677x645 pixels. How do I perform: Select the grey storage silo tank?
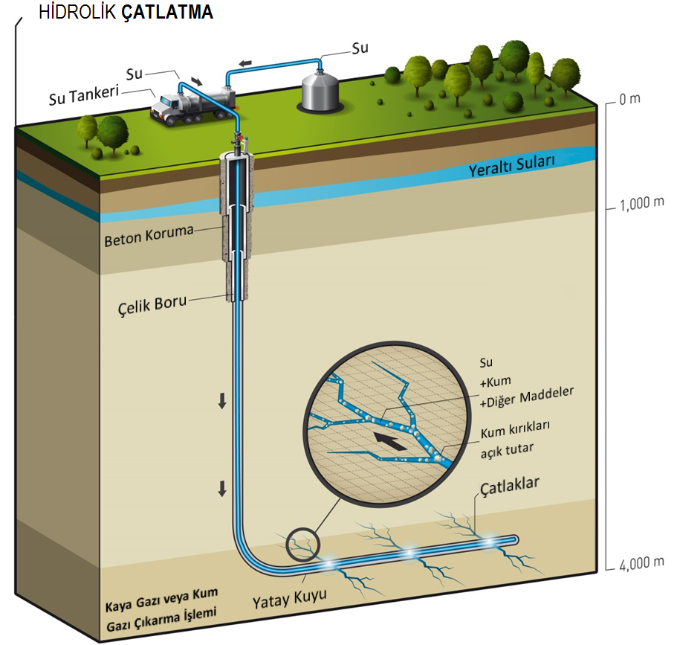coord(320,90)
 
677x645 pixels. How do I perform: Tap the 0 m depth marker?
coord(630,100)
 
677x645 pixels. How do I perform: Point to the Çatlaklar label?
coord(510,487)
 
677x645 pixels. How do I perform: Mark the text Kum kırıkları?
coord(515,432)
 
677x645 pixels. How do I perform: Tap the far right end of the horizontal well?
coord(514,539)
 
